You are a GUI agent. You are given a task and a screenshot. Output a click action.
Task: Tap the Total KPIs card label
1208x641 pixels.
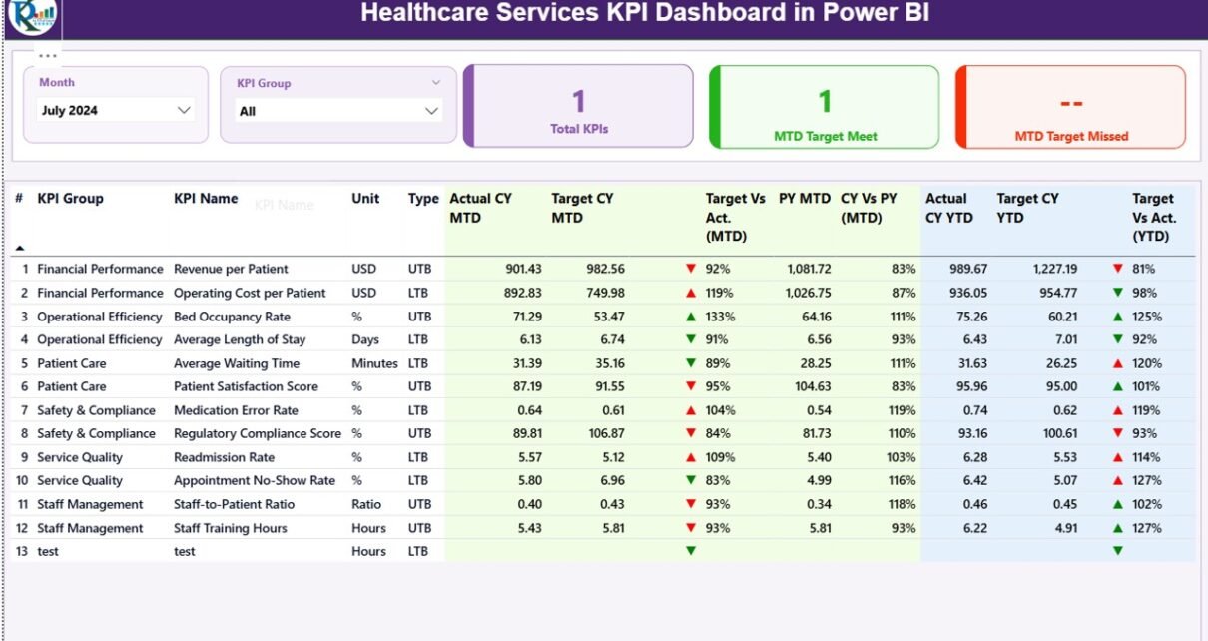click(x=579, y=129)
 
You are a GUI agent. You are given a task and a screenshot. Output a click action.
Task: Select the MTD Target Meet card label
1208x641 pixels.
click(x=825, y=137)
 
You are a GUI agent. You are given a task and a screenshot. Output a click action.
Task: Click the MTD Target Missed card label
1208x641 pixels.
click(x=1071, y=137)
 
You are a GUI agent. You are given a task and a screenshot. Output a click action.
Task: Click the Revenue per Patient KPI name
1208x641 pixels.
click(x=231, y=270)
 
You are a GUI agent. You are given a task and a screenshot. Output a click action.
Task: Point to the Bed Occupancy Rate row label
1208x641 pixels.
click(x=232, y=317)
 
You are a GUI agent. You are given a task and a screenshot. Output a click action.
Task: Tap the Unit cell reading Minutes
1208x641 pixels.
click(x=374, y=363)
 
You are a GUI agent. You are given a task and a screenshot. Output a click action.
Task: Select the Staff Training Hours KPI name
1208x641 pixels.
click(x=230, y=528)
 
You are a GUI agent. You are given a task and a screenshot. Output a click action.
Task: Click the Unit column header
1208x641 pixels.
click(x=365, y=199)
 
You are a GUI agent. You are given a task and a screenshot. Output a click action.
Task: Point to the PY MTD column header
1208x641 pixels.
click(x=805, y=199)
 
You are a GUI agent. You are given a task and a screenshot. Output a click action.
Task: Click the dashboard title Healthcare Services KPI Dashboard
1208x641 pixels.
click(x=645, y=14)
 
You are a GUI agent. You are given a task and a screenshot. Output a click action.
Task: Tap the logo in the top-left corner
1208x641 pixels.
click(x=33, y=14)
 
